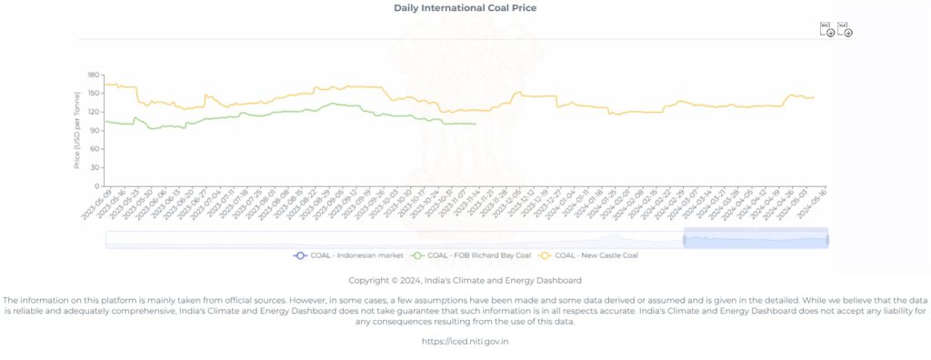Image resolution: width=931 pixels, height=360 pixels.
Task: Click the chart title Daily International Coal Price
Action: coord(465,8)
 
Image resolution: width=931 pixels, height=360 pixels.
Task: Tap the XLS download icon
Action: coord(846,30)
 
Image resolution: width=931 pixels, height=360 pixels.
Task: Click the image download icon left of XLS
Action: coord(827,30)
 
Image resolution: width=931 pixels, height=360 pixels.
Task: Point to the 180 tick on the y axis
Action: coord(94,75)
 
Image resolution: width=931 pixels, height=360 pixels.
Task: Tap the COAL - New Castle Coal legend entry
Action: coord(592,255)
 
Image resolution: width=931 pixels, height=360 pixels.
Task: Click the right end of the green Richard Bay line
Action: coord(476,125)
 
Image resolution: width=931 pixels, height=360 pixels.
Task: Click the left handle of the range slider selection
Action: coord(684,240)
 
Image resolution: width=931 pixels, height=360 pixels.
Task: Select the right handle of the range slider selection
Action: coord(827,240)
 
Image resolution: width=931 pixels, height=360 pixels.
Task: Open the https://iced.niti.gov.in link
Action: coord(465,342)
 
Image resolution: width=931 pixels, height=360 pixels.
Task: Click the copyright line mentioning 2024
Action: coord(465,280)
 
